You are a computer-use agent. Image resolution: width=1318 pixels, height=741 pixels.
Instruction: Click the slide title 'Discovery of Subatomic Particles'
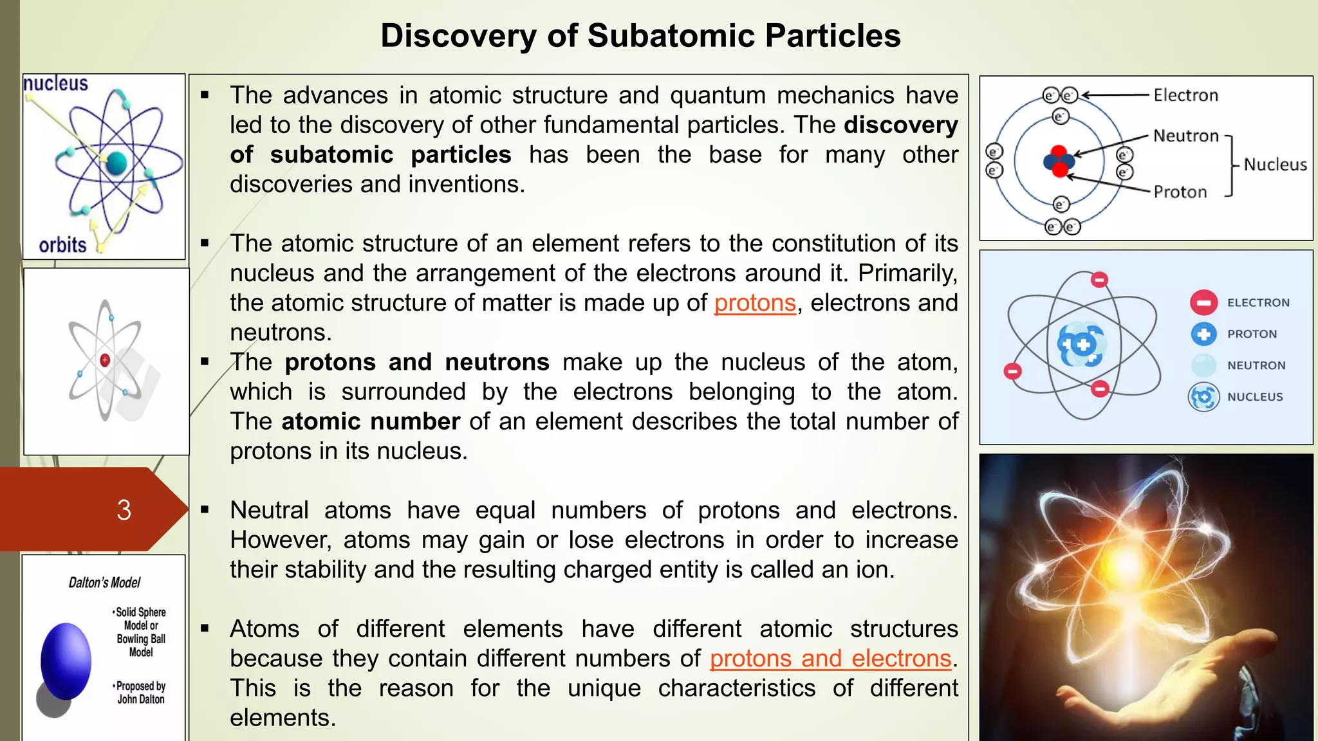pyautogui.click(x=640, y=36)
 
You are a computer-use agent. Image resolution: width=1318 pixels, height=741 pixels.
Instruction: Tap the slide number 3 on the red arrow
pyautogui.click(x=124, y=510)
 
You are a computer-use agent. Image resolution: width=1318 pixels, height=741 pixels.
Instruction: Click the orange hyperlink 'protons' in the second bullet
pyautogui.click(x=755, y=303)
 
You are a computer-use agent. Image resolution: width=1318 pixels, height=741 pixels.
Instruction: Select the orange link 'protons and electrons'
pyautogui.click(x=830, y=659)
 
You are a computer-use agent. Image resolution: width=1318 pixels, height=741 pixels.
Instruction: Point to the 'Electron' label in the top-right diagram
pyautogui.click(x=1185, y=95)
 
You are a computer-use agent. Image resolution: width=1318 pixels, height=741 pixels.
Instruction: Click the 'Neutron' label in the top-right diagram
pyautogui.click(x=1185, y=136)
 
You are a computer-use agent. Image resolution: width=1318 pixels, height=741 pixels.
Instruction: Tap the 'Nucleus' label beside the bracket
pyautogui.click(x=1274, y=165)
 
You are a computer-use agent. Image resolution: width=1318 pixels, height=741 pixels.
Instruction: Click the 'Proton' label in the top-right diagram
pyautogui.click(x=1180, y=192)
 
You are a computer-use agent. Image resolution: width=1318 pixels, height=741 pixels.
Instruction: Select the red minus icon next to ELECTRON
pyautogui.click(x=1203, y=302)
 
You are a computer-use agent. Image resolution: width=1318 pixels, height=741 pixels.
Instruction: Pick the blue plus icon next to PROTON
pyautogui.click(x=1203, y=334)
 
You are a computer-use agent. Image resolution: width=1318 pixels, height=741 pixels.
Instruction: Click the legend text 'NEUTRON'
pyautogui.click(x=1256, y=365)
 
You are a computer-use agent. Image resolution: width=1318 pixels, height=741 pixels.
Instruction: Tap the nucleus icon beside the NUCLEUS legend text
pyautogui.click(x=1203, y=397)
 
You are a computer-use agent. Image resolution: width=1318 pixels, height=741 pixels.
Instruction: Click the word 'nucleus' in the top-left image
pyautogui.click(x=56, y=84)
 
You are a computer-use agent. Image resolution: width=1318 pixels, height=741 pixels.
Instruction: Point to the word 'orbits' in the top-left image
pyautogui.click(x=62, y=245)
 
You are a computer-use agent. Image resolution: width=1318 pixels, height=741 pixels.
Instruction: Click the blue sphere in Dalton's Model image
pyautogui.click(x=66, y=661)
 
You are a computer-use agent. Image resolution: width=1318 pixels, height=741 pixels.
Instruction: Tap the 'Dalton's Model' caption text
pyautogui.click(x=104, y=583)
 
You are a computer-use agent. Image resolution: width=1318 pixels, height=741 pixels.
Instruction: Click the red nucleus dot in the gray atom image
pyautogui.click(x=105, y=360)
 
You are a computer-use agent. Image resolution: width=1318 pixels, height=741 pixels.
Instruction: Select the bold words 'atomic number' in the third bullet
pyautogui.click(x=371, y=421)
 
